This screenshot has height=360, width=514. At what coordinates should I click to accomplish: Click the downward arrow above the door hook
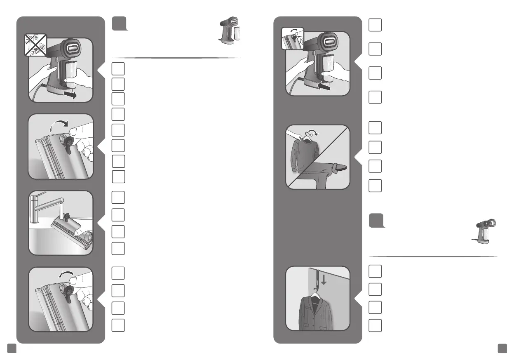[323, 280]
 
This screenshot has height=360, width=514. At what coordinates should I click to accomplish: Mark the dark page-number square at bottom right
[502, 348]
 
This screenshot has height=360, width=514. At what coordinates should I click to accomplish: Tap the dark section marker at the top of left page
[119, 24]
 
